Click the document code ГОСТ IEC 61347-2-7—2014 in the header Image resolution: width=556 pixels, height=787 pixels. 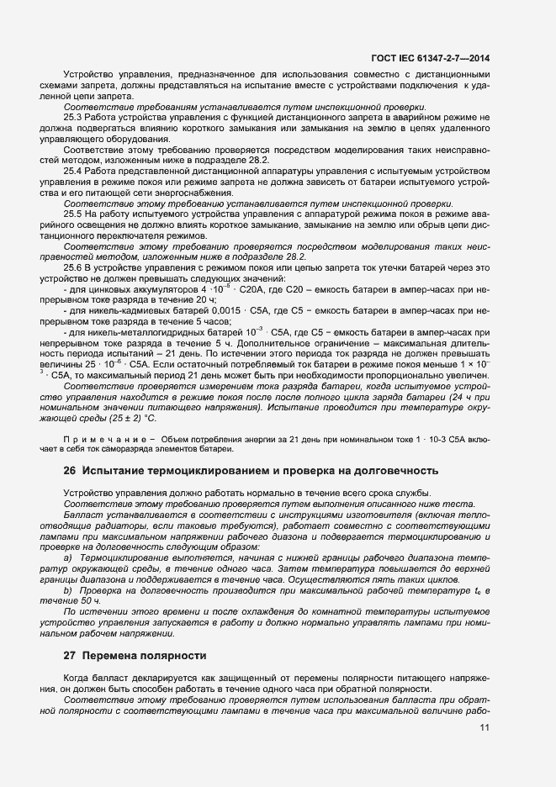coord(430,56)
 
